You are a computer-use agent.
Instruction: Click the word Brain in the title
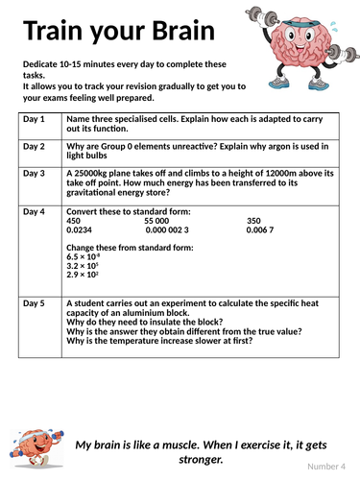pos(183,31)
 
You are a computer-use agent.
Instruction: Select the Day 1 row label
pos(34,119)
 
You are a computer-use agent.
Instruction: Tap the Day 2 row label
pos(34,146)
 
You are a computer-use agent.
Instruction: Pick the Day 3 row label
pos(34,174)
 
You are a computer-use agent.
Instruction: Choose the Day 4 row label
pos(34,212)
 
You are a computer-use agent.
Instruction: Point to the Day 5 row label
pos(34,303)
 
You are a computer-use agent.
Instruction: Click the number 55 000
pos(156,221)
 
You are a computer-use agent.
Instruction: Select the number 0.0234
pos(79,229)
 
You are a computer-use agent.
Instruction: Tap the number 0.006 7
pos(260,229)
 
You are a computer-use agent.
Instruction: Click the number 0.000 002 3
pos(167,229)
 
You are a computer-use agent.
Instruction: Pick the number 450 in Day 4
pos(73,221)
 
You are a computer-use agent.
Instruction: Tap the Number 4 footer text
pos(326,467)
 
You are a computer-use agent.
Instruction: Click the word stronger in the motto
pos(201,460)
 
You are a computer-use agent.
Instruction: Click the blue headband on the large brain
pos(301,24)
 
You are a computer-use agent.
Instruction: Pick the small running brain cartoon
pos(36,448)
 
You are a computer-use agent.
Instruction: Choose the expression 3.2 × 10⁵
pos(82,266)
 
